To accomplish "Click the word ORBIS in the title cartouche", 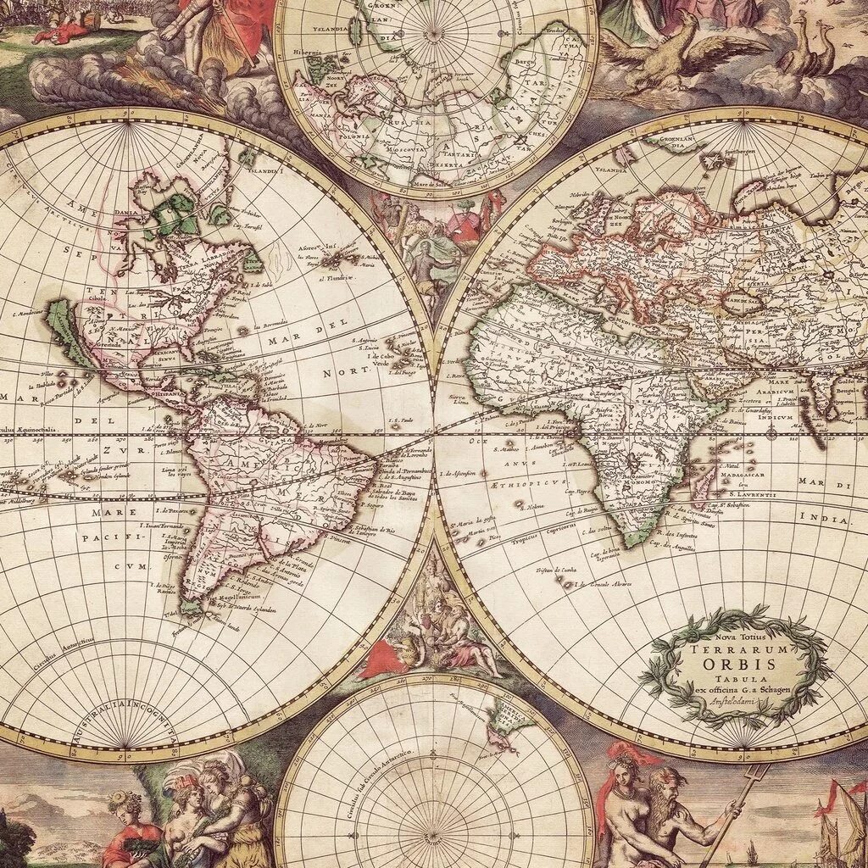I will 734,665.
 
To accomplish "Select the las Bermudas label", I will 271,325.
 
